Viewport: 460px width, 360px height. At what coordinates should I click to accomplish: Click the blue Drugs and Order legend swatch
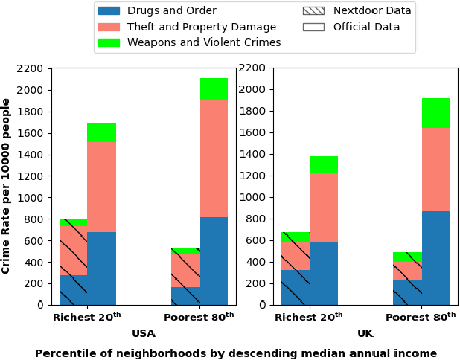(x=109, y=11)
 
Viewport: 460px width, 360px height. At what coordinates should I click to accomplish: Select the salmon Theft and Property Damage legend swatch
(x=109, y=27)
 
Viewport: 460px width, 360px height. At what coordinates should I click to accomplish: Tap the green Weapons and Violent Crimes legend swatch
(x=109, y=42)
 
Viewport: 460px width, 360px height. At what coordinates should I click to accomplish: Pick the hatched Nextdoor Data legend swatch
(x=313, y=11)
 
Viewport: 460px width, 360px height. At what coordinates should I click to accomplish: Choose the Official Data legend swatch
(x=313, y=27)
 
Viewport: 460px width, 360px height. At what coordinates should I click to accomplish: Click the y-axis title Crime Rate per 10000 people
(x=7, y=186)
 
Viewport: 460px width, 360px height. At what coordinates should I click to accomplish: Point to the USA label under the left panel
(x=144, y=334)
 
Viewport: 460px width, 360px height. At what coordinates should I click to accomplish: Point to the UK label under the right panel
(x=365, y=334)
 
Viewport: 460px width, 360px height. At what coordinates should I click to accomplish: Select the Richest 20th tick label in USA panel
(x=87, y=317)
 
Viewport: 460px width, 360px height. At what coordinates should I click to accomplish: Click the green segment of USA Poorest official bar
(x=214, y=89)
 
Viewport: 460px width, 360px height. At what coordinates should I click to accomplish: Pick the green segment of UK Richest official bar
(x=323, y=164)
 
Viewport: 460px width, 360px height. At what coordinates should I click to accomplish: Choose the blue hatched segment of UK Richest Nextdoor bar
(x=295, y=287)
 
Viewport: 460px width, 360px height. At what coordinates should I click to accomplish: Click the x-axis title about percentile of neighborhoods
(x=236, y=353)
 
